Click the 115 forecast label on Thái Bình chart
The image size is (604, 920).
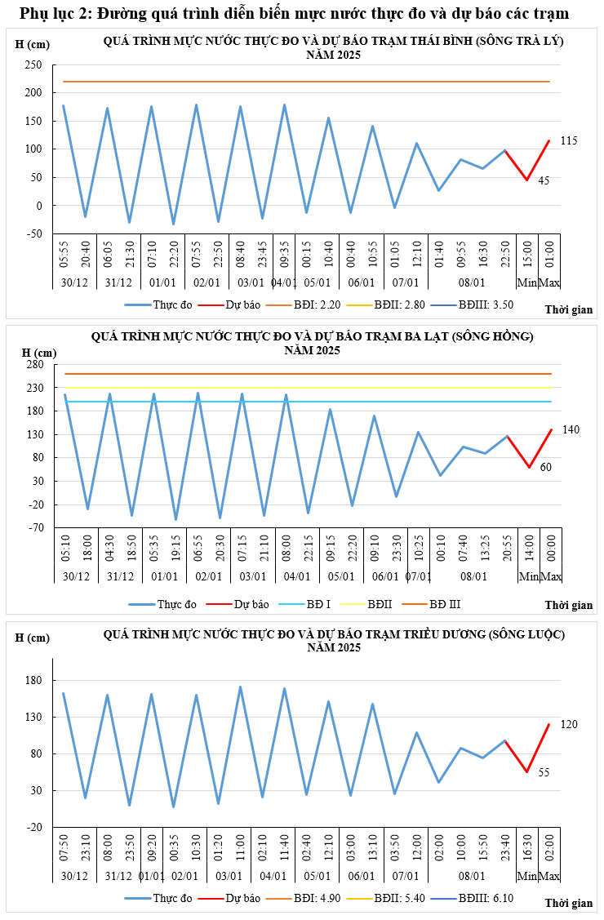pos(569,141)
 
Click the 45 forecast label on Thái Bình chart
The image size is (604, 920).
pos(544,180)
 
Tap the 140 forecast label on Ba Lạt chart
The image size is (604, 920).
pos(571,429)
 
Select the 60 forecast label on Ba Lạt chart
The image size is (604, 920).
pos(545,467)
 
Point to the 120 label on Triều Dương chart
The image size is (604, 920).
pos(569,724)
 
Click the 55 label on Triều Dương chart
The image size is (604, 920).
pos(544,771)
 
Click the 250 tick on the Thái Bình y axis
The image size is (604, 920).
pos(33,65)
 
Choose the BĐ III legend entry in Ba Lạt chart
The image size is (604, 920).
pos(451,604)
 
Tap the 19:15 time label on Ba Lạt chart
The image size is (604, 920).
pos(175,546)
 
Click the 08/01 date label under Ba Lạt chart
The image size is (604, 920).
pos(473,576)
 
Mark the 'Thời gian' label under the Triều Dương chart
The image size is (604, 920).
pos(569,903)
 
